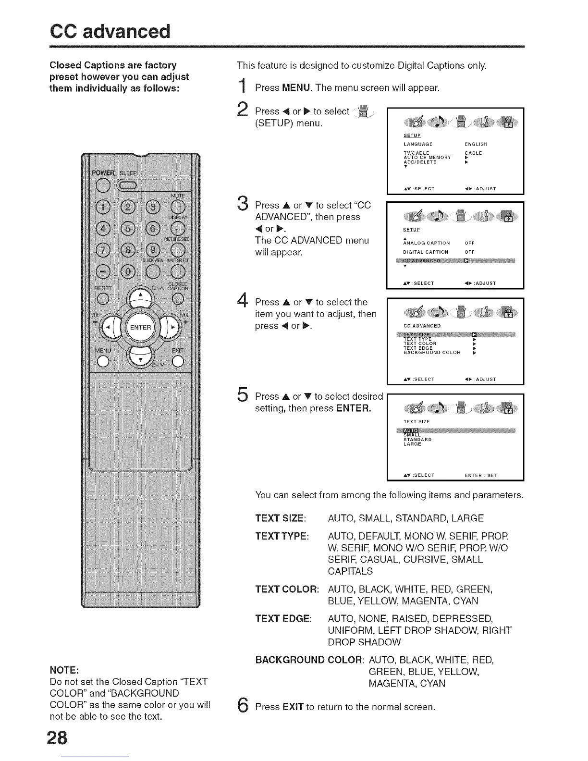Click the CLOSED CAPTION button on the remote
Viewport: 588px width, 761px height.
coord(178,298)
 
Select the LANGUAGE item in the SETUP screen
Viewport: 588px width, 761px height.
coord(418,144)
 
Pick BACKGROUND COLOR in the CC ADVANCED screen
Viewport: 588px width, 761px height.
coord(432,353)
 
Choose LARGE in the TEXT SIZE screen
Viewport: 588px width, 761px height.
coord(412,444)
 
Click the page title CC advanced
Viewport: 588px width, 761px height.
coord(110,31)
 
